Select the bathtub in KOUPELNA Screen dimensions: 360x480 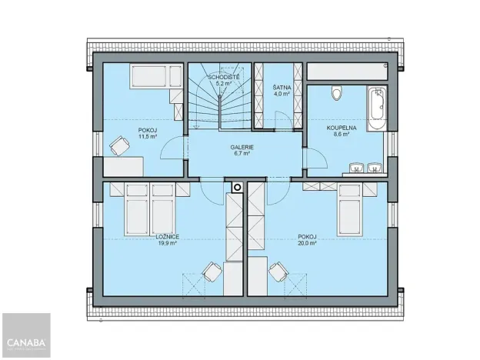point(375,111)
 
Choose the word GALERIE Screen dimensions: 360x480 point(242,147)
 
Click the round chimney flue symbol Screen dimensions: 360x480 point(236,186)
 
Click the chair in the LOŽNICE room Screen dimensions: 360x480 point(210,271)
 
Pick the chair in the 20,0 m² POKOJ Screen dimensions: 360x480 point(277,271)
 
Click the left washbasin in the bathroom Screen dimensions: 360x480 point(356,167)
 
